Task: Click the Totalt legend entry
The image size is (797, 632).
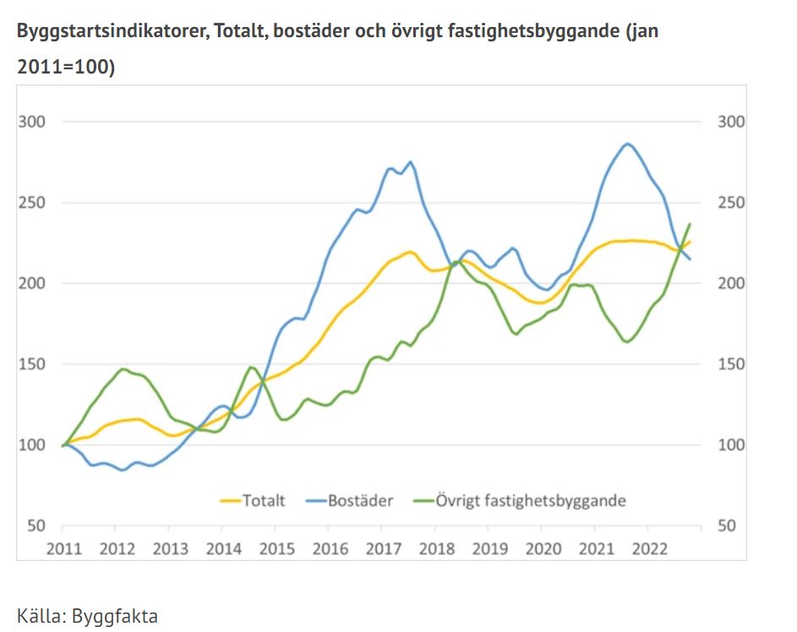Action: coord(264,500)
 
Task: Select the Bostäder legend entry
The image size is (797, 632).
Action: coord(362,500)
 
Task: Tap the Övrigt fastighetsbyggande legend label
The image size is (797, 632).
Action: coord(531,500)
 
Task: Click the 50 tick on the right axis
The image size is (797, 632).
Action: coord(726,526)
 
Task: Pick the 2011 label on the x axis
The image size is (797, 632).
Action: coord(64,548)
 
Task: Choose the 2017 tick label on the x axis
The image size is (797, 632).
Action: coord(384,548)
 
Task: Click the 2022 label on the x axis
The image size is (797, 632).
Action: coord(650,548)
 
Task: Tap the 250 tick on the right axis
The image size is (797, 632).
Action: coord(731,203)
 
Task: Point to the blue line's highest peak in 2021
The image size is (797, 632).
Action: coord(627,144)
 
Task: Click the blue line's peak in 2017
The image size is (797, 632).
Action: coord(410,162)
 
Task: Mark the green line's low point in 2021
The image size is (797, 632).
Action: coord(627,342)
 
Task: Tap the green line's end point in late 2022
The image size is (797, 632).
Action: coord(690,224)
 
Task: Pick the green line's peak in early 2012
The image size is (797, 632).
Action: coord(123,369)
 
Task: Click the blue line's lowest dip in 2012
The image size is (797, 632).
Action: coord(123,470)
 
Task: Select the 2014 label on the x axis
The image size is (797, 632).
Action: coord(224,548)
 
